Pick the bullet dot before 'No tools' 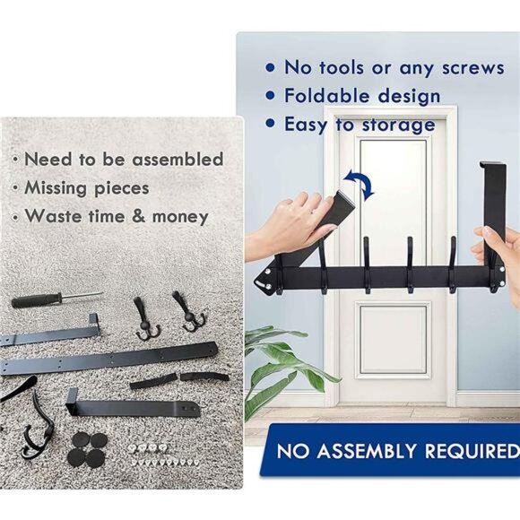[270, 68]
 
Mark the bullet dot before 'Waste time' [14, 216]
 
